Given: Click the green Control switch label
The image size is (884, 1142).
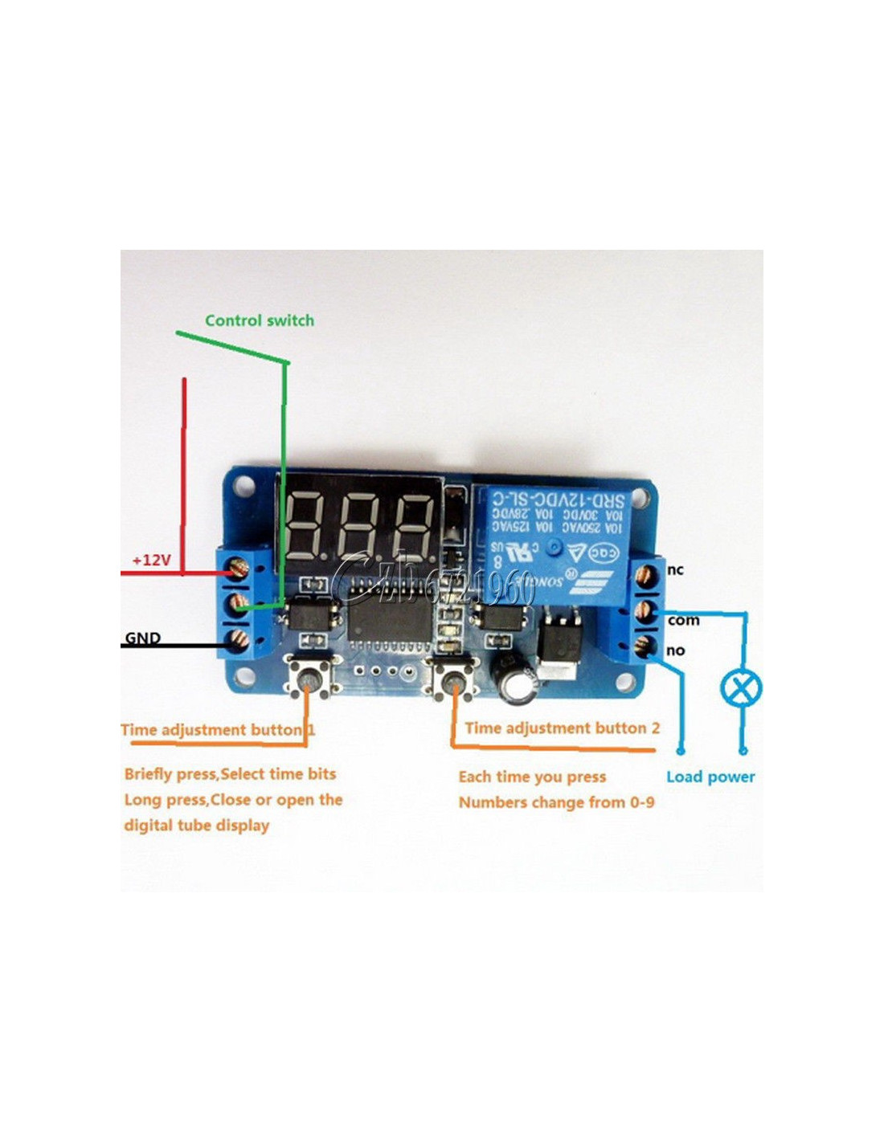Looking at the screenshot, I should [259, 320].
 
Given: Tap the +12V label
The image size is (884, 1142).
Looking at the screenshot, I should [152, 560].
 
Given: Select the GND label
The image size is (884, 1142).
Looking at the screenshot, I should [142, 638].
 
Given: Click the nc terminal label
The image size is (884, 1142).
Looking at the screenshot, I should [675, 569].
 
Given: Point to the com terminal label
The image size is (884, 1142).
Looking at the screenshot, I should [683, 620].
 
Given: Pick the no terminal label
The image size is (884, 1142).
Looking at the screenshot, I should [675, 651].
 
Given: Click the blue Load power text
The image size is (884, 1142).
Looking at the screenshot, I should [710, 777].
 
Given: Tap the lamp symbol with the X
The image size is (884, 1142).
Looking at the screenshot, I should [741, 688].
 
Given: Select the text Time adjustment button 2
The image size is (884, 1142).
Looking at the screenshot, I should [562, 728].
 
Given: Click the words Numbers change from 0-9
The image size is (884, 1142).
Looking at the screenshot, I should [556, 802].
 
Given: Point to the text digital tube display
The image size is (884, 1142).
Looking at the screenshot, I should [196, 825].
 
